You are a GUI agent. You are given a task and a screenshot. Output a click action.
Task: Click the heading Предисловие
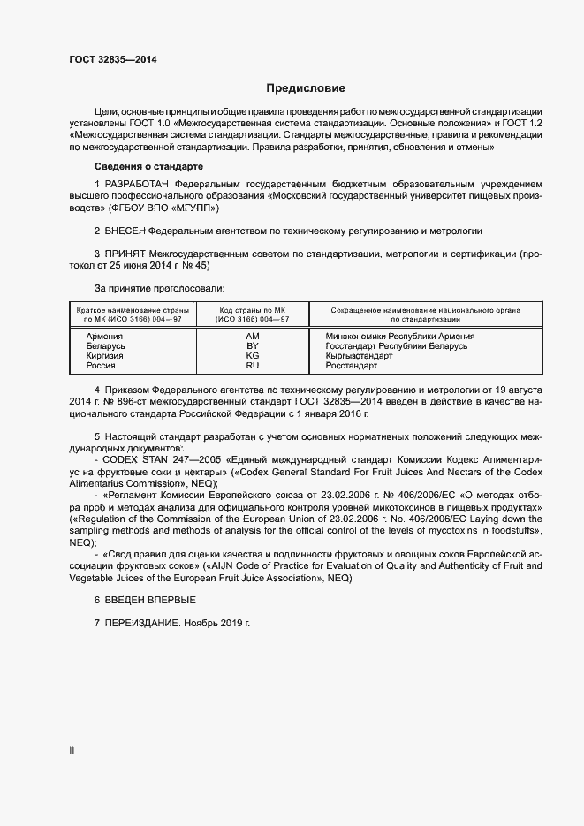[x=306, y=88]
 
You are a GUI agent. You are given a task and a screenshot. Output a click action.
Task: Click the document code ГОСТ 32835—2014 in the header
[x=115, y=60]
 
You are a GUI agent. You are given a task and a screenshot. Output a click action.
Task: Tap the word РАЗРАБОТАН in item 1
[x=139, y=183]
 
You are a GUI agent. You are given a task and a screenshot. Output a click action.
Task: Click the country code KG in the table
[x=252, y=356]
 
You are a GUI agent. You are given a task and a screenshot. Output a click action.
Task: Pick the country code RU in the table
[x=252, y=366]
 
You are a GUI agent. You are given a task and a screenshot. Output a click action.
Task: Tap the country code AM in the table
[x=252, y=337]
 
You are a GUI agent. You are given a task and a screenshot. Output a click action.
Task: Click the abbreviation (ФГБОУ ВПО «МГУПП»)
[x=162, y=208]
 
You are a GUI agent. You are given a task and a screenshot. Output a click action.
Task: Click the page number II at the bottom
[x=72, y=751]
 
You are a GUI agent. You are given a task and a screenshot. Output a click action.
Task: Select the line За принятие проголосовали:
[x=159, y=288]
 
